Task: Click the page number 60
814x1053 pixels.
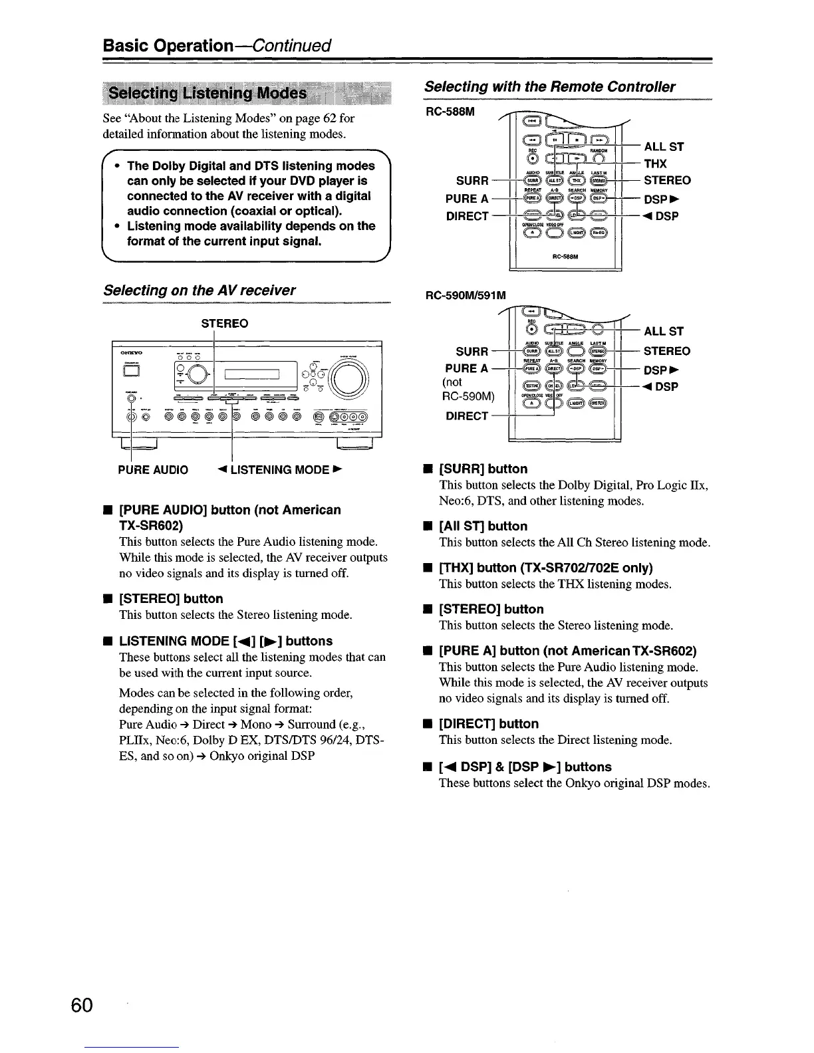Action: tap(84, 1004)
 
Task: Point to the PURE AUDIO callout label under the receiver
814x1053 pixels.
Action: tap(153, 470)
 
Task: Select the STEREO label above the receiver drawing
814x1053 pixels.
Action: tap(225, 324)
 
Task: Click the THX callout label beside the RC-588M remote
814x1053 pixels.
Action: tap(656, 164)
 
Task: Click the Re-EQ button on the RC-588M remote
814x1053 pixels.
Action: tap(598, 232)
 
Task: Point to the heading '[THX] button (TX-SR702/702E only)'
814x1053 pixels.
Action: tap(545, 567)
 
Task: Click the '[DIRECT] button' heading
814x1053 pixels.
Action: tap(489, 723)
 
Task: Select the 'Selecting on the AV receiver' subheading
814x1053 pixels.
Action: tap(200, 291)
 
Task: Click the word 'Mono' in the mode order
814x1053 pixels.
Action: tap(257, 724)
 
